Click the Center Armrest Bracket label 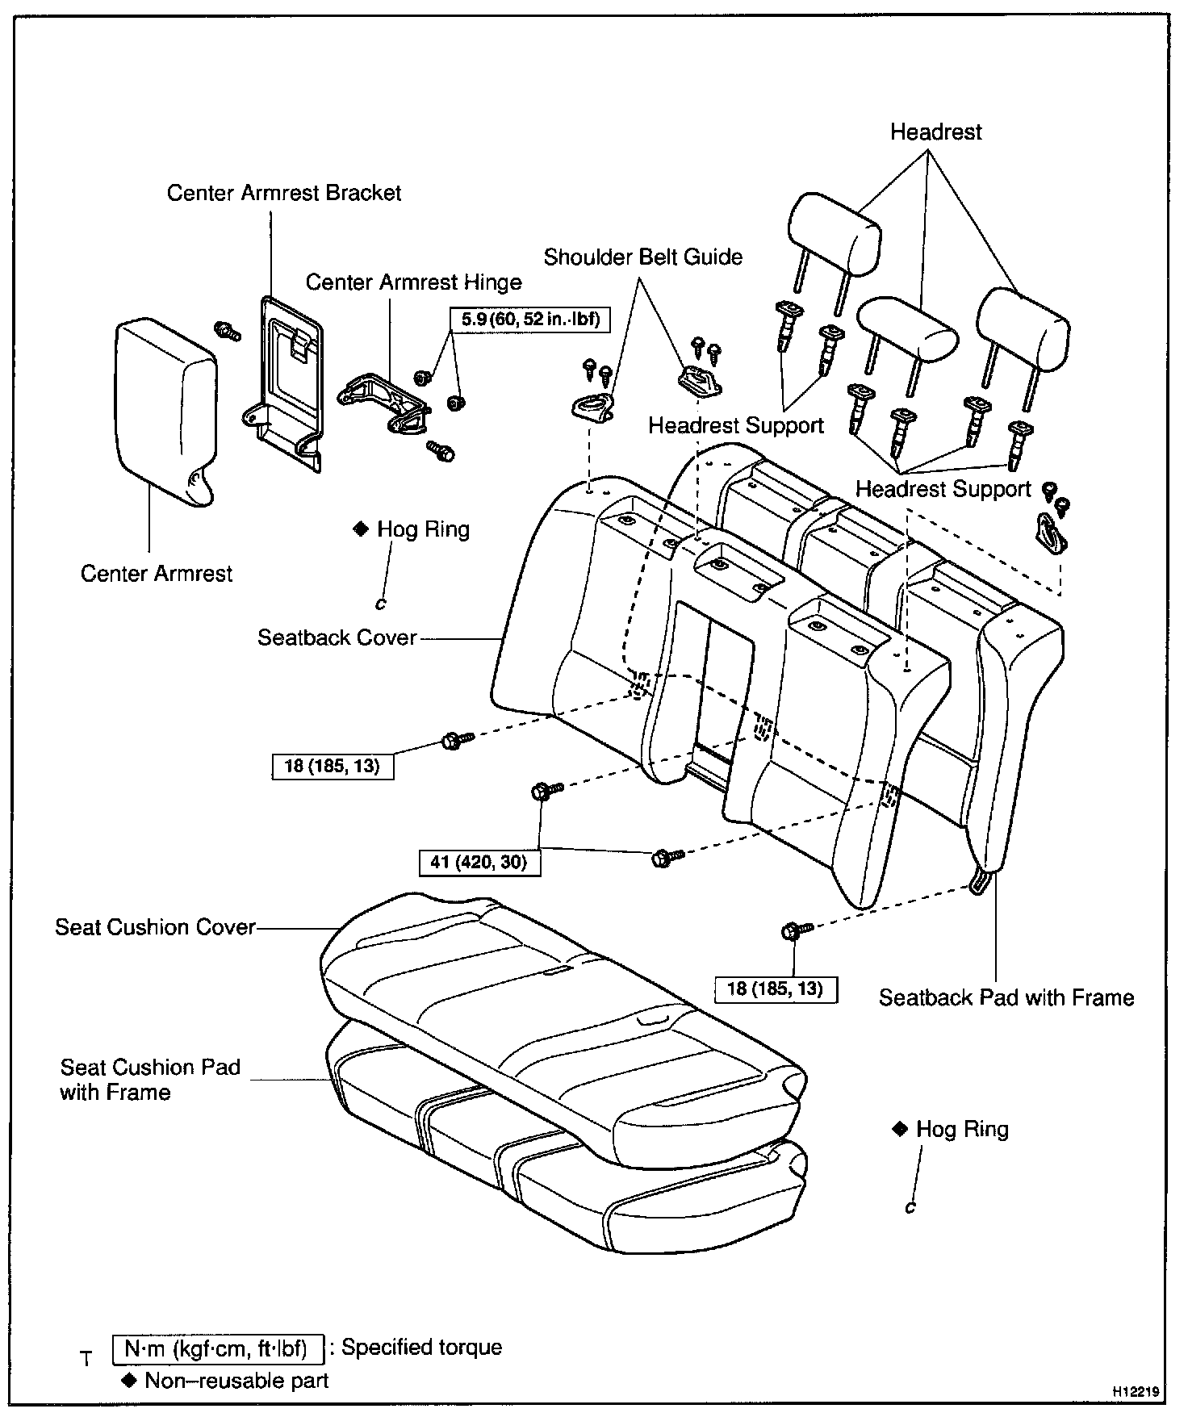pos(283,193)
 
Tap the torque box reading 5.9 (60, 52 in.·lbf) pos(530,319)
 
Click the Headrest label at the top pos(935,132)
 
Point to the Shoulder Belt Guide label pos(642,257)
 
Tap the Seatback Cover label pos(337,638)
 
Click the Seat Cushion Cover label pos(155,927)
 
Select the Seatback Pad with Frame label pos(1006,998)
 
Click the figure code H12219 pos(1136,1392)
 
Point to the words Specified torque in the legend pos(421,1348)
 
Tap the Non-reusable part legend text pos(236,1381)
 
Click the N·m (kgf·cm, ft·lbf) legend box pos(216,1348)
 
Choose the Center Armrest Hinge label pos(413,282)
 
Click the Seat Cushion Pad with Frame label pos(150,1080)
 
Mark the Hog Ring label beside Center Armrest pos(422,530)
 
